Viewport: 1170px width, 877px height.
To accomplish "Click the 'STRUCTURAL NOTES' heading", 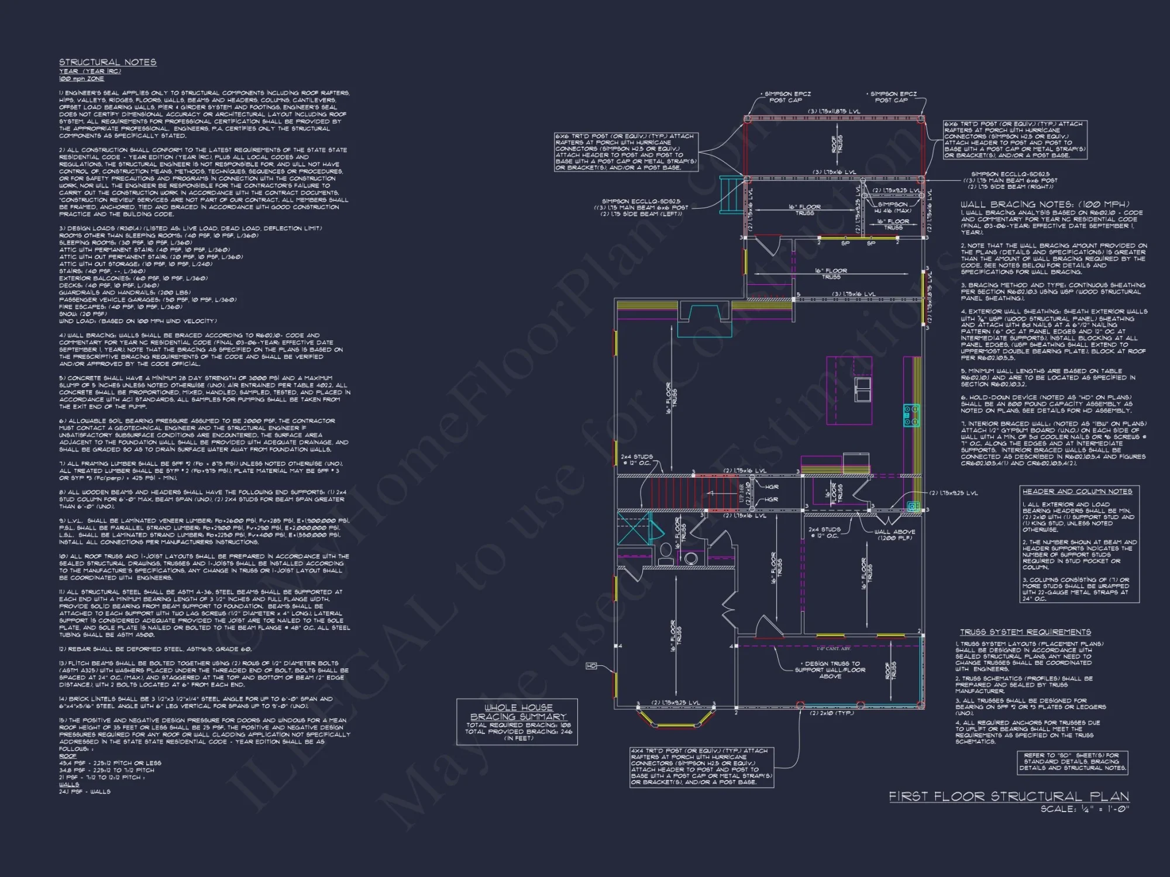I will (108, 62).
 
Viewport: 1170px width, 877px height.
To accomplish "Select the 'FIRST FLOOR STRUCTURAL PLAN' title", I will (1009, 796).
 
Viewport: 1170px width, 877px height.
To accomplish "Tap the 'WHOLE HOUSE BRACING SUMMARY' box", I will (517, 721).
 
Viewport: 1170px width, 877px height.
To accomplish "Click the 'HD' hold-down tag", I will (591, 666).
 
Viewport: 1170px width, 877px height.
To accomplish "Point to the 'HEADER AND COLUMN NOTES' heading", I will (1077, 491).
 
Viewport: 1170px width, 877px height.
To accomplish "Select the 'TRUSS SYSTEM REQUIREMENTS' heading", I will (1025, 632).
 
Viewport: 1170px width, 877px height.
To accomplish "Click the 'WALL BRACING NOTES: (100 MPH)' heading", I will (1045, 204).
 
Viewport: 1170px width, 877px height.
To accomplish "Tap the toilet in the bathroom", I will (665, 553).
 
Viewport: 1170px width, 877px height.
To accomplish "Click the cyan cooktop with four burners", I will (911, 415).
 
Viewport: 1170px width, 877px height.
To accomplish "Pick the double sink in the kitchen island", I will (862, 389).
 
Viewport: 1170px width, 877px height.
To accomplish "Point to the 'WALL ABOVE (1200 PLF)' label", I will (894, 534).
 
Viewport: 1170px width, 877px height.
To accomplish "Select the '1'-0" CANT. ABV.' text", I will (834, 648).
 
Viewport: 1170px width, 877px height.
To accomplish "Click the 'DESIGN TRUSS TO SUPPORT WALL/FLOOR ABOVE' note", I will (830, 670).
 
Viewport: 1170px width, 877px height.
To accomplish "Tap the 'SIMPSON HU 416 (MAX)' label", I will (893, 208).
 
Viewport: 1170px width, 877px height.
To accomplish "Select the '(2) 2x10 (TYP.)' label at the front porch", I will (832, 713).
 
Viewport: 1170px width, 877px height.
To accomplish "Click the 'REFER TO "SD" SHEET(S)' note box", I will (1072, 762).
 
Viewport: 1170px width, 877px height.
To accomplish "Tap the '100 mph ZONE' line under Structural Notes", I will (81, 78).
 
